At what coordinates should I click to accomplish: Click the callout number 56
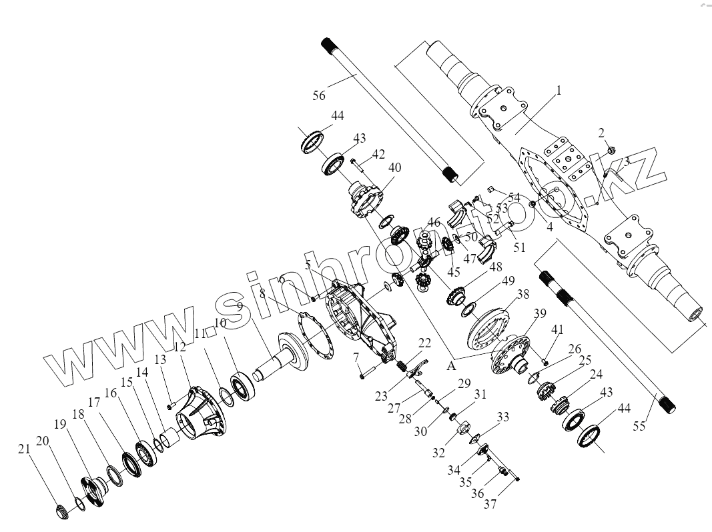318,95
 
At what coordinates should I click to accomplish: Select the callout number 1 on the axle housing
559,89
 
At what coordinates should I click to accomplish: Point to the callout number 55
639,425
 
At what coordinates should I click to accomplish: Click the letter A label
451,365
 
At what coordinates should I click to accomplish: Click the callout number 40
394,167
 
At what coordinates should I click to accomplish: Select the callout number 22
424,343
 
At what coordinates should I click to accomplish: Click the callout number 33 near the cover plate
502,418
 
